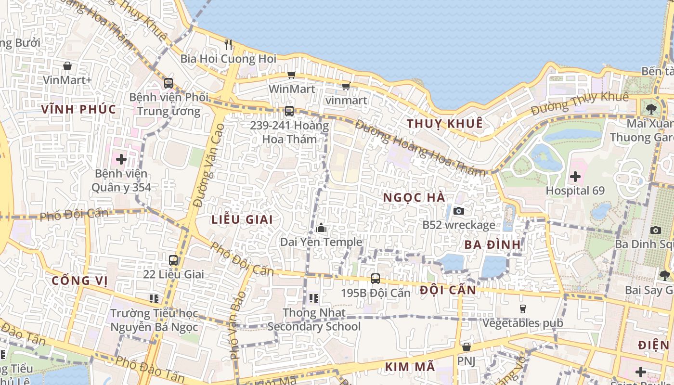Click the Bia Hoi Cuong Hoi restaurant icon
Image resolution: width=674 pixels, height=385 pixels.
pyautogui.click(x=228, y=45)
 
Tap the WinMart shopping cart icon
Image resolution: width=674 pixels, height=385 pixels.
pyautogui.click(x=291, y=75)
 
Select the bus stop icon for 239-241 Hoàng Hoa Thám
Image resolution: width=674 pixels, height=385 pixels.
pyautogui.click(x=289, y=111)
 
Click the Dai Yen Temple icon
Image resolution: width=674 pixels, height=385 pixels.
pyautogui.click(x=321, y=228)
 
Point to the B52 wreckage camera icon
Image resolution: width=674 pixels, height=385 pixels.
pyautogui.click(x=459, y=211)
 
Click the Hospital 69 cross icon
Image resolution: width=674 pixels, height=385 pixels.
pyautogui.click(x=575, y=177)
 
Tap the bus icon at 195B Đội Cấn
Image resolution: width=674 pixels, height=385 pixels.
pyautogui.click(x=376, y=278)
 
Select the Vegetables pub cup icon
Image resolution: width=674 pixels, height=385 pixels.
pyautogui.click(x=522, y=308)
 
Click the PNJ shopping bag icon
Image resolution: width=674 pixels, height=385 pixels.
pyautogui.click(x=466, y=347)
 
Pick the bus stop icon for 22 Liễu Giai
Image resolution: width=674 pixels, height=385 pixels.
pyautogui.click(x=173, y=260)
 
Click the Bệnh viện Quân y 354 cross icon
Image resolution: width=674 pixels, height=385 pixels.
pyautogui.click(x=121, y=159)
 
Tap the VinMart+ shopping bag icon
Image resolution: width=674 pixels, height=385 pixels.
pyautogui.click(x=67, y=66)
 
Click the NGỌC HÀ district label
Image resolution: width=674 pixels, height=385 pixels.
pyautogui.click(x=414, y=198)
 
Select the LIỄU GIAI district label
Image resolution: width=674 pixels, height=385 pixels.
pyautogui.click(x=242, y=220)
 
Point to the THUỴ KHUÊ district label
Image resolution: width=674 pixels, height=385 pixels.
pyautogui.click(x=444, y=124)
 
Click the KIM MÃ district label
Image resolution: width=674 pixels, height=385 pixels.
pyautogui.click(x=410, y=367)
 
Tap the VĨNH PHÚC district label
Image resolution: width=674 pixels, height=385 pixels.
pyautogui.click(x=78, y=109)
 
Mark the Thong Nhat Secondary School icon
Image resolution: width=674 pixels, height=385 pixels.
pyautogui.click(x=314, y=298)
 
